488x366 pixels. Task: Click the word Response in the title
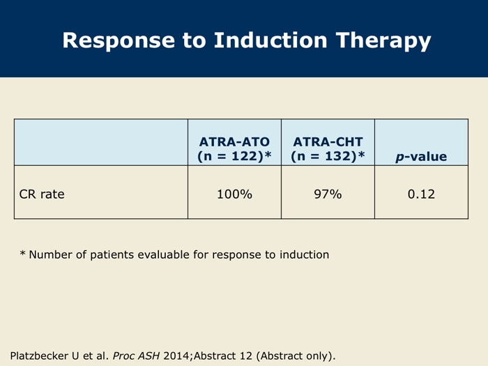pos(119,40)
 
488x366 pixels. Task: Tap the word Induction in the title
pos(270,40)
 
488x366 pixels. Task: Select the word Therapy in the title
pos(383,41)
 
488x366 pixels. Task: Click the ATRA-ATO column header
pos(234,142)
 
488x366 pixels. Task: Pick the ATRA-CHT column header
pos(328,142)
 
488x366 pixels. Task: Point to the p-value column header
pos(421,157)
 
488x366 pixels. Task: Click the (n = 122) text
pos(231,156)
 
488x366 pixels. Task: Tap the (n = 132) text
pos(324,156)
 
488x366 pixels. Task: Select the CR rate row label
pos(42,194)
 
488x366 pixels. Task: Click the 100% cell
pos(234,194)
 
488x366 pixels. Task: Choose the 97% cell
pos(328,194)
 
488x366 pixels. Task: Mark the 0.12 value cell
pos(421,194)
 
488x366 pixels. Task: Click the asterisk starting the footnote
pos(22,252)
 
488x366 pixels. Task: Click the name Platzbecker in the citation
pos(39,356)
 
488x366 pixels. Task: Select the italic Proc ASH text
pos(136,356)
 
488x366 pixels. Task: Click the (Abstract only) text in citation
pos(296,356)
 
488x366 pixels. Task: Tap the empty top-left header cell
pos(101,142)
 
